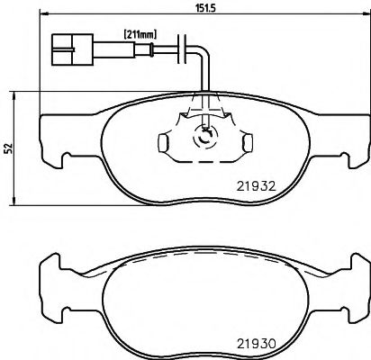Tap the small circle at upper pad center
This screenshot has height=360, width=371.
[x=207, y=137]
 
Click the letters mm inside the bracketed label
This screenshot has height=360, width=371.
[x=148, y=34]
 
